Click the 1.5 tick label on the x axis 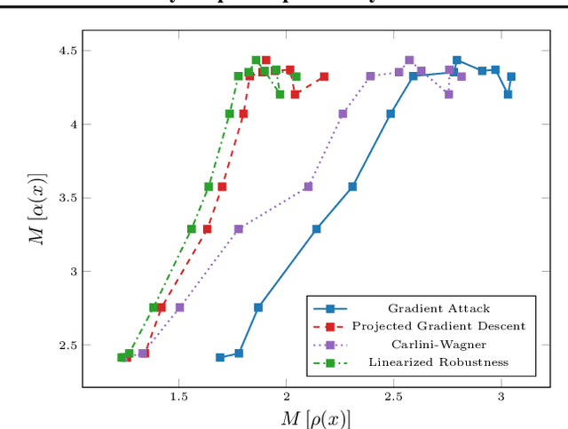(179, 393)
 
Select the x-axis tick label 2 (287, 393)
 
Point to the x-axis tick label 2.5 (394, 393)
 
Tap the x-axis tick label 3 (501, 393)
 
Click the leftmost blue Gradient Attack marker (220, 357)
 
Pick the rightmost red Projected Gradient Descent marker (324, 76)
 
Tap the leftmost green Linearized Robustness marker (122, 357)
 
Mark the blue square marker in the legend (329, 309)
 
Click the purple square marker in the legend (329, 343)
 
